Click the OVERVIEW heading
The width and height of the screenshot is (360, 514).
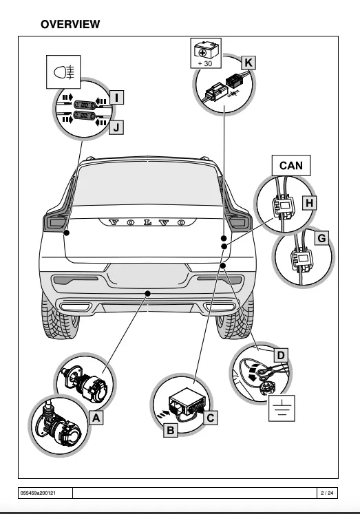[x=70, y=24]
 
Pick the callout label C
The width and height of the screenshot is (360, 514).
[x=211, y=416]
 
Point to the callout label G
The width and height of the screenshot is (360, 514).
[x=321, y=239]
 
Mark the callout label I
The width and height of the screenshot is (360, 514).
[x=117, y=98]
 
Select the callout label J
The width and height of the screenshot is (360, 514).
[x=117, y=127]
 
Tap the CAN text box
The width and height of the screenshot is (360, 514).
[x=290, y=166]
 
